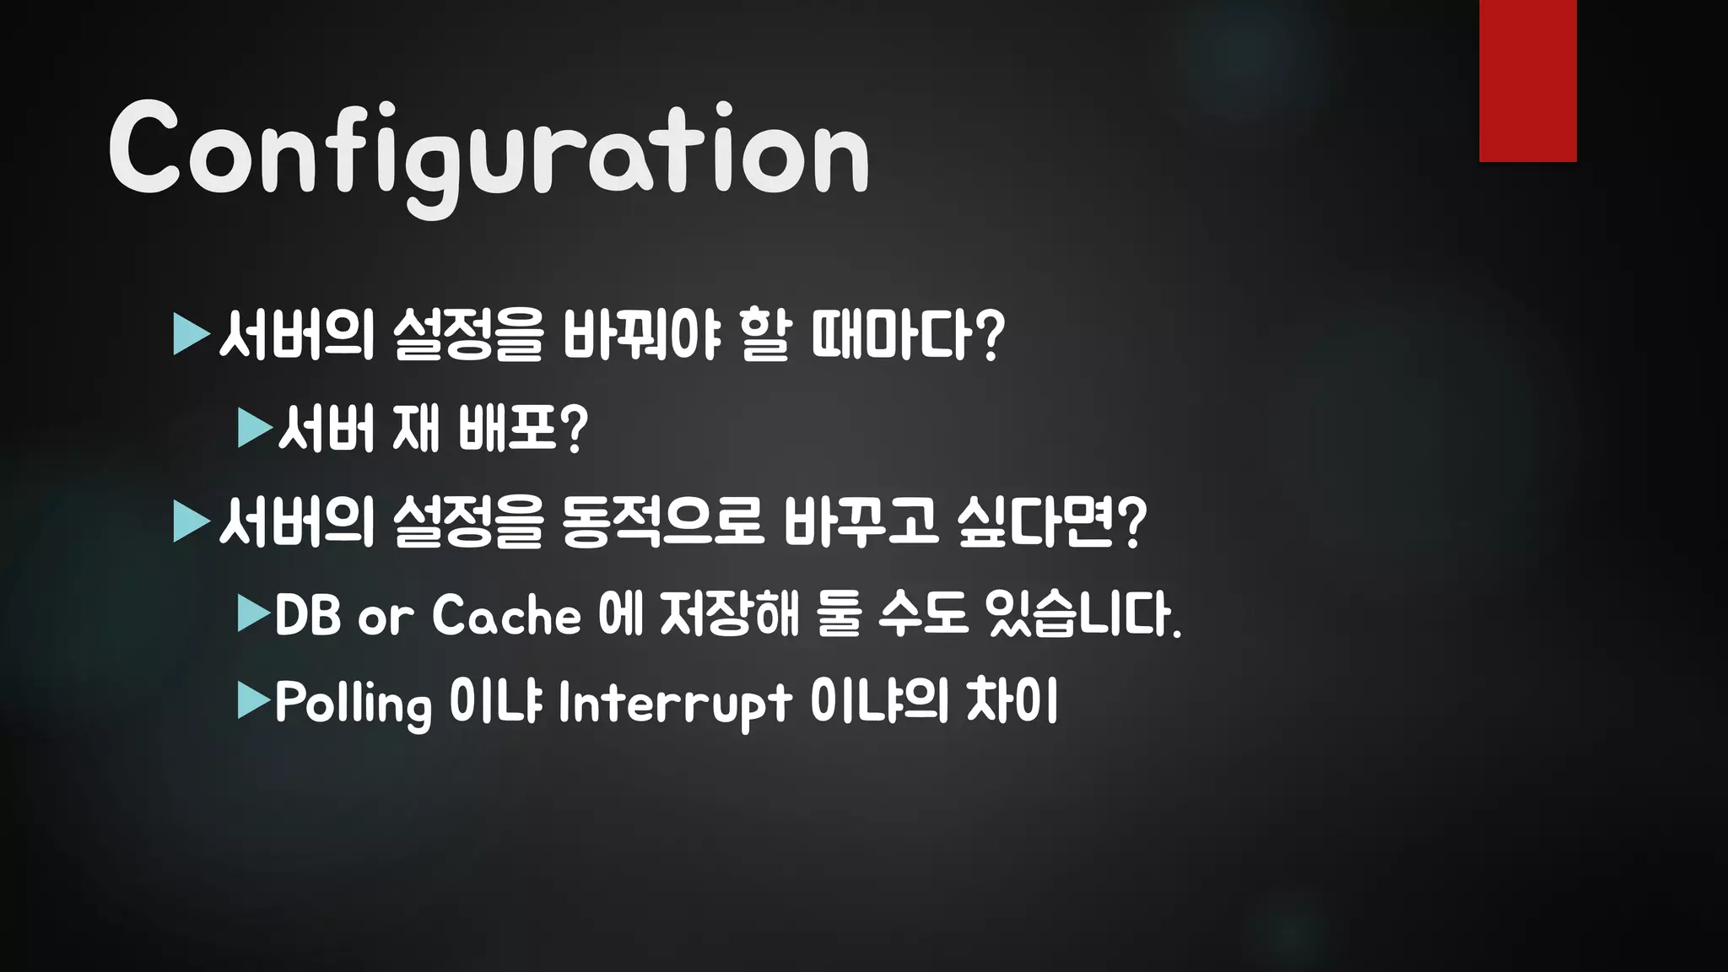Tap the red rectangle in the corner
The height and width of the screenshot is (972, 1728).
pos(1527,80)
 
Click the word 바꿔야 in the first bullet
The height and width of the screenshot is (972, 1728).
pos(641,335)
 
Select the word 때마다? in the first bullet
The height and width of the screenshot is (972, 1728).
pos(908,335)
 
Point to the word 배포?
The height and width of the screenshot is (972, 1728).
pos(522,429)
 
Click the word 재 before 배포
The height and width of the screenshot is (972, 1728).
pos(416,429)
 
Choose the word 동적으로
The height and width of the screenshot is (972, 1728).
pos(661,521)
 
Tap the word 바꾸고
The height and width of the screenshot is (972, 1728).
pos(860,521)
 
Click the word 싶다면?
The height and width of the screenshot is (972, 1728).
pos(1051,521)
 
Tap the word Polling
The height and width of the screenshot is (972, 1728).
pos(353,703)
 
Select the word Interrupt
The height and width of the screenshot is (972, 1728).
pos(674,703)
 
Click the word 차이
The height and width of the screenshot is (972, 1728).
pos(1012,701)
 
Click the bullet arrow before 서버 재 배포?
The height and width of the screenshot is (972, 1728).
pos(255,429)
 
